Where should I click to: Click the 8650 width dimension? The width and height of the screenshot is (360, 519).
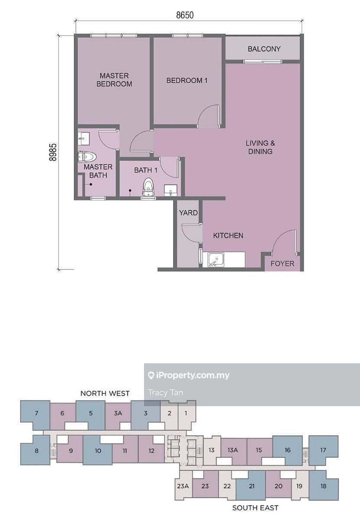(185, 15)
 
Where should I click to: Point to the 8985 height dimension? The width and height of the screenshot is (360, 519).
(53, 152)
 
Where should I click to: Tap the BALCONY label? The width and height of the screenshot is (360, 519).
(264, 49)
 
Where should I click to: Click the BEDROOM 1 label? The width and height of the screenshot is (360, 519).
(187, 80)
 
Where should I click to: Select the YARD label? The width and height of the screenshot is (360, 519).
(188, 213)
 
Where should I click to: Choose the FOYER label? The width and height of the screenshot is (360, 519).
(283, 263)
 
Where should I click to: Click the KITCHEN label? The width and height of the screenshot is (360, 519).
(228, 235)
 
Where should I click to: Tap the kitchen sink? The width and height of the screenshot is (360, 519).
(216, 260)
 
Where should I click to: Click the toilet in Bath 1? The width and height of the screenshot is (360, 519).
(148, 188)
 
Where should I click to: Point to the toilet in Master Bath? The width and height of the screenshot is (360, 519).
(87, 157)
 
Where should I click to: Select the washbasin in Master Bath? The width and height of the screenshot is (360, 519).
(84, 138)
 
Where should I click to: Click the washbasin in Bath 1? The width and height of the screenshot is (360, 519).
(170, 190)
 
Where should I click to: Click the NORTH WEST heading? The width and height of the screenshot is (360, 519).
(105, 393)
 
